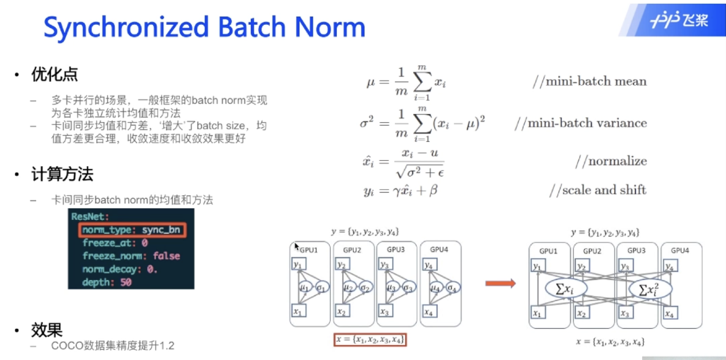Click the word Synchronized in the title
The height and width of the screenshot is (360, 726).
tap(126, 27)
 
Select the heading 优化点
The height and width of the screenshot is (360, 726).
tap(55, 74)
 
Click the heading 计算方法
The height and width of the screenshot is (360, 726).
tap(62, 174)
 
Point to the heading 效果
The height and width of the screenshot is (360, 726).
tap(47, 330)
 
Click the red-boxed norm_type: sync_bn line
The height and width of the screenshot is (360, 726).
tap(132, 230)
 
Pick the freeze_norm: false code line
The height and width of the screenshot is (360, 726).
tap(131, 256)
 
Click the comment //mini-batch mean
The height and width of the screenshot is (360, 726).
tap(589, 81)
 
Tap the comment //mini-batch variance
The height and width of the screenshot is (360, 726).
tap(580, 123)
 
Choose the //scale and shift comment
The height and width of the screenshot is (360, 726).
tap(598, 190)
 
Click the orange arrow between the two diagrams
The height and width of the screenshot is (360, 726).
tap(500, 283)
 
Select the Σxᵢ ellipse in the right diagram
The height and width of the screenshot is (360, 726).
tap(565, 289)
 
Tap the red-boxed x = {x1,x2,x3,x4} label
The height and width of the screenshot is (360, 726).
tap(370, 340)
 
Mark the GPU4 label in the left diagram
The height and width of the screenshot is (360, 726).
tap(439, 250)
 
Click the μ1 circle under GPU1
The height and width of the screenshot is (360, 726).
tap(304, 288)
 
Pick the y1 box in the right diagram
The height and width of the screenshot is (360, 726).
tap(538, 266)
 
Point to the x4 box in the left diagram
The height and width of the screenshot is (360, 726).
tap(429, 311)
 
